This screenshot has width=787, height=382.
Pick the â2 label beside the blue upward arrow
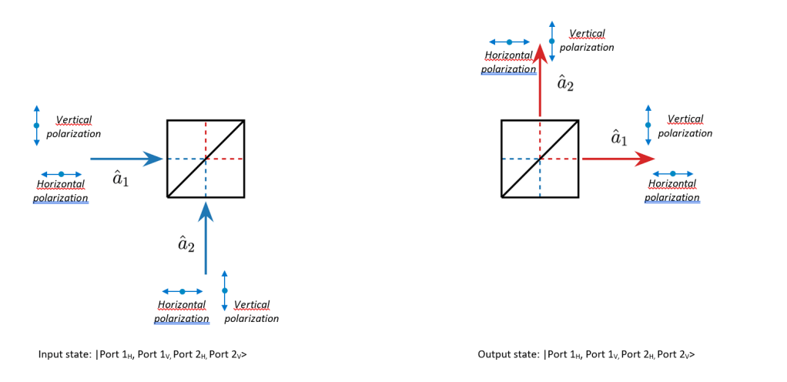click(186, 244)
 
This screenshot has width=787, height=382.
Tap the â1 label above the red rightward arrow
click(618, 139)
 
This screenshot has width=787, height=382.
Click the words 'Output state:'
click(507, 355)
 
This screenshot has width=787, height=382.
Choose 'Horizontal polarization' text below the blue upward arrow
click(182, 312)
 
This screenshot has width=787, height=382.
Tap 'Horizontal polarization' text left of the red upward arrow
click(509, 62)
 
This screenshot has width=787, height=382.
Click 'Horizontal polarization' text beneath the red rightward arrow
click(672, 190)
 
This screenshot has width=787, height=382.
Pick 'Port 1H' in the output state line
click(564, 355)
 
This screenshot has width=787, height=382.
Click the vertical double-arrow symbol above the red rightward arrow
click(648, 125)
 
